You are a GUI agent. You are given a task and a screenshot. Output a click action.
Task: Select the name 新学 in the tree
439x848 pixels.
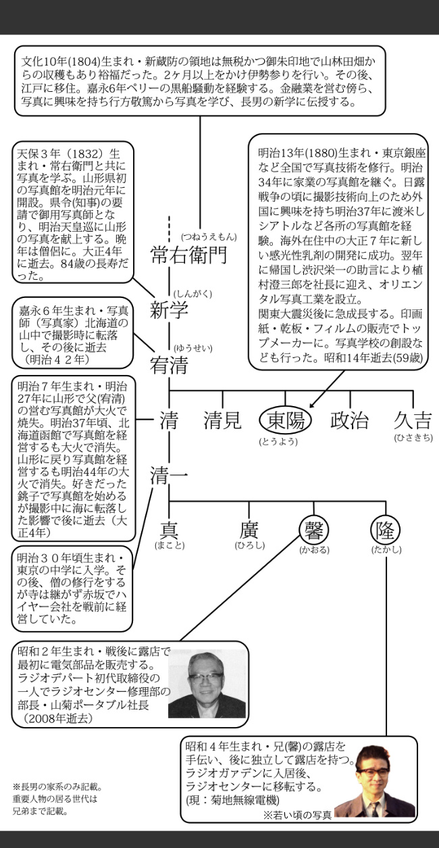click(x=169, y=311)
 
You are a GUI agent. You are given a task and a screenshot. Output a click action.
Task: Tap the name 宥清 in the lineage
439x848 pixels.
click(x=169, y=366)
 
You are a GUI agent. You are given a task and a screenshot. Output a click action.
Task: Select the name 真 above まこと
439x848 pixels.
click(x=169, y=530)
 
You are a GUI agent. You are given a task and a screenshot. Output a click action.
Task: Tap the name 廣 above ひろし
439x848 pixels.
click(x=249, y=530)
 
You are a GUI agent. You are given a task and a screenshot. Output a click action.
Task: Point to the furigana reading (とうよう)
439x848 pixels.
click(x=278, y=441)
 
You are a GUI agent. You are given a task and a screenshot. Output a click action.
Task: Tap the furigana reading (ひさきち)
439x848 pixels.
click(x=413, y=439)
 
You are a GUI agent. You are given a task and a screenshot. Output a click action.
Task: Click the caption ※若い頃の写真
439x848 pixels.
click(x=298, y=815)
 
